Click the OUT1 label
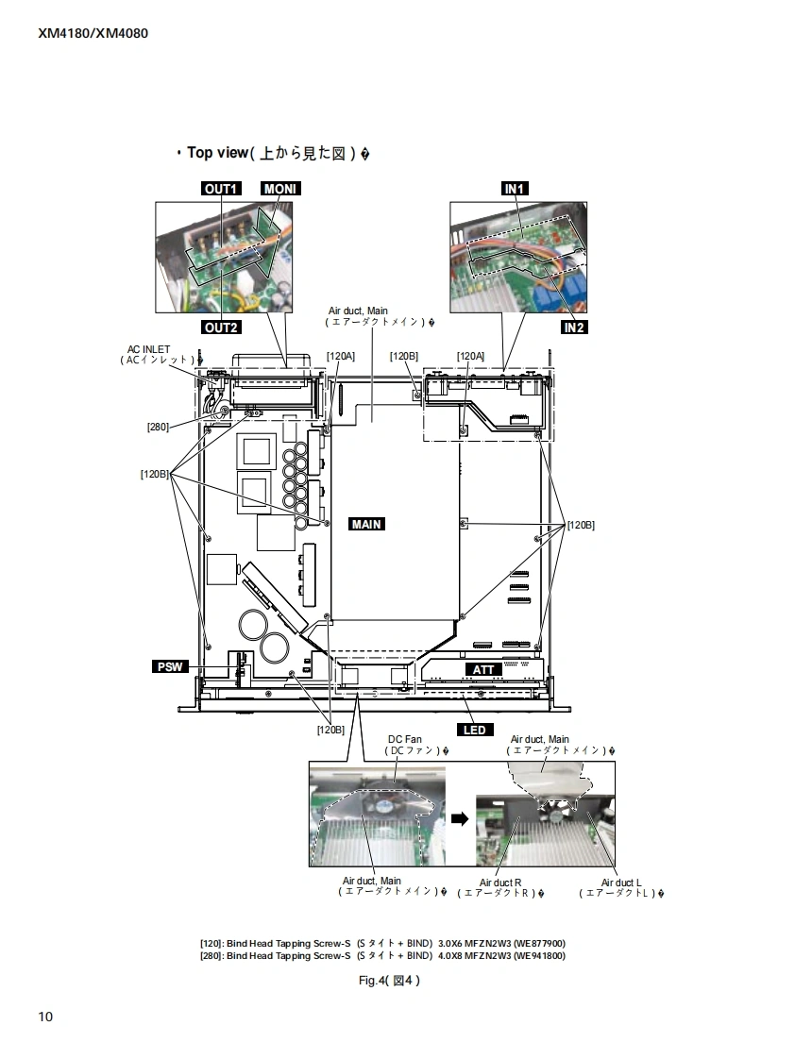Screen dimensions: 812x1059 tap(221, 189)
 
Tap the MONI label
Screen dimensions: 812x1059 tap(280, 189)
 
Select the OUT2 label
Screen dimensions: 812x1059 tap(221, 328)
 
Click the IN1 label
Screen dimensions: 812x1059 tap(514, 189)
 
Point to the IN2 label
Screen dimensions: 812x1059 tap(573, 328)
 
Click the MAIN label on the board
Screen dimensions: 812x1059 tap(367, 524)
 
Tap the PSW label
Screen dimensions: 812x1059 tap(170, 666)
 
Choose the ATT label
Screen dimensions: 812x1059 tap(483, 669)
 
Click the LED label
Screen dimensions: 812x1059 tap(474, 731)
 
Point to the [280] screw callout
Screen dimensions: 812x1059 tap(158, 427)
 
